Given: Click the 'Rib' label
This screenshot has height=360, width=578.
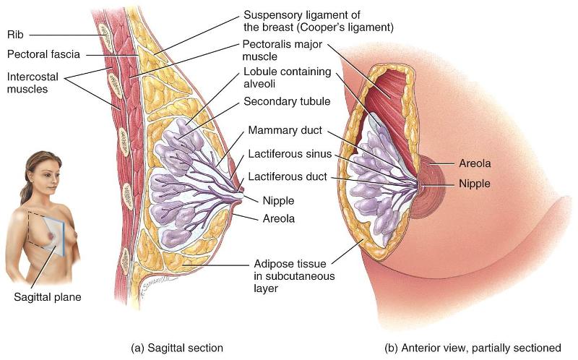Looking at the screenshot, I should [17, 34].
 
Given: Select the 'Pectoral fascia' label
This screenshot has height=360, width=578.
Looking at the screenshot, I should [43, 54].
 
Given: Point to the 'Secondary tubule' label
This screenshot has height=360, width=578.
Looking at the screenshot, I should [287, 101].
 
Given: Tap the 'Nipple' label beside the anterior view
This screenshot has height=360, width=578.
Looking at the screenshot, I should [474, 184].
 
